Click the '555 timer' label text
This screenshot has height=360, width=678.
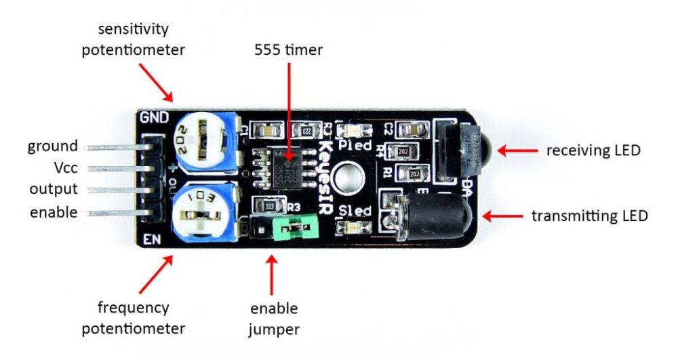point(289,49)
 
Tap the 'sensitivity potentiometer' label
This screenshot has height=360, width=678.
point(133,39)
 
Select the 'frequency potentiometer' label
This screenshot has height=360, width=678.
point(133,318)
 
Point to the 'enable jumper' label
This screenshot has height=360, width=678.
point(274,319)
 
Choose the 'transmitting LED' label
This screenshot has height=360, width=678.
point(589,216)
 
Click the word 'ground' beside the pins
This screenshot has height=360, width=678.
point(52,146)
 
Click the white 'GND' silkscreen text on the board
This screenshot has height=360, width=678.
point(153,117)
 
